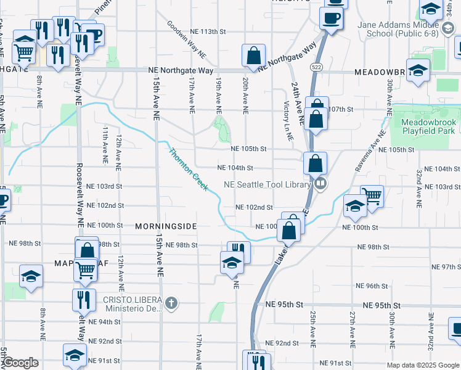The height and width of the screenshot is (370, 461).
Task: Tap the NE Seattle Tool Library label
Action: coord(267,184)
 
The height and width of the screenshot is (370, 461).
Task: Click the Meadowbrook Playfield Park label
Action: coord(428,126)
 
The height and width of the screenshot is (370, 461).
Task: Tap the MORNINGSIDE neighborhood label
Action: coord(165,226)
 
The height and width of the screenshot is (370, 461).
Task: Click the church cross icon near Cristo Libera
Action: coord(171,303)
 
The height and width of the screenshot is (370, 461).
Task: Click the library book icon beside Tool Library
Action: coord(320,184)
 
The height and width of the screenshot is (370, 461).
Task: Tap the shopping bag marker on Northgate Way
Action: coord(253,56)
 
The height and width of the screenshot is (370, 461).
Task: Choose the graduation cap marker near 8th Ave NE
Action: coord(30,277)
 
